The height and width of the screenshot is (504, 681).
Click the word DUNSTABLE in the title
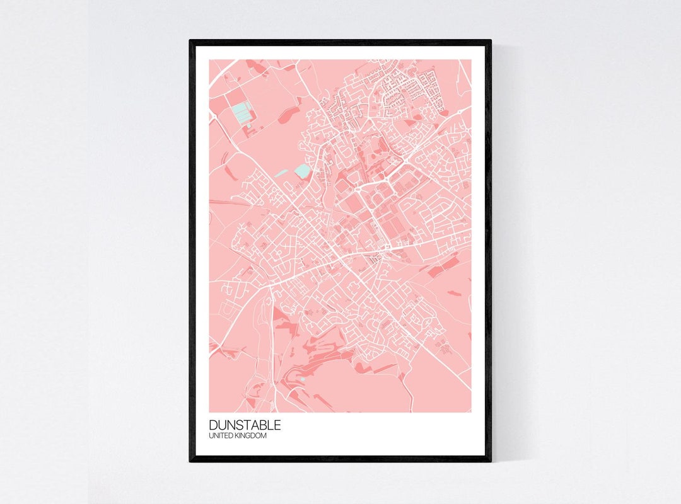(245, 426)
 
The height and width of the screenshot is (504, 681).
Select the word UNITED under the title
(221, 436)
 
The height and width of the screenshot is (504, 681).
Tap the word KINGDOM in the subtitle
(250, 436)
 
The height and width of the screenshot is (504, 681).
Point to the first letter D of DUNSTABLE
(213, 426)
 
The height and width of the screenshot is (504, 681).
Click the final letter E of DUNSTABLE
(277, 426)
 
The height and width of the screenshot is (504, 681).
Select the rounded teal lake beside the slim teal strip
(303, 171)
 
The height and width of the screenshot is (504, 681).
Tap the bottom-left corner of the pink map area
(210, 412)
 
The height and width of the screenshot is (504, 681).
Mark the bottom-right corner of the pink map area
(470, 412)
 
